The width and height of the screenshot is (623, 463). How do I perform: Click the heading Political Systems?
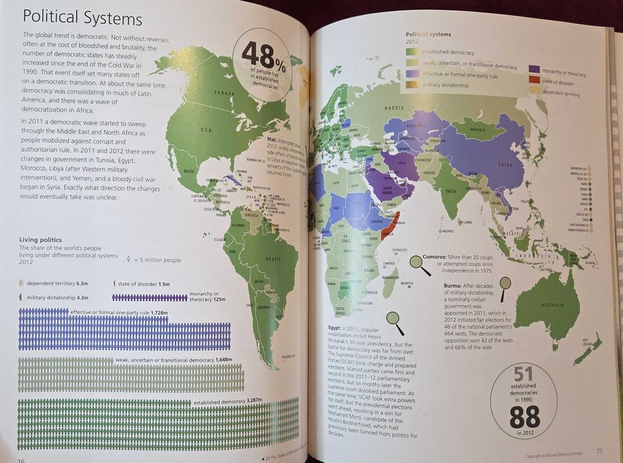click(83, 19)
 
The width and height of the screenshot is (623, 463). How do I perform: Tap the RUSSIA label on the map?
click(394, 107)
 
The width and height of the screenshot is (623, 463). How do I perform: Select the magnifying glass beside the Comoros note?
click(418, 263)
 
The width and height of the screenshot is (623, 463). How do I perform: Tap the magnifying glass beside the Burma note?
click(505, 284)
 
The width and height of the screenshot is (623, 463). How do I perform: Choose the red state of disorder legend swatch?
click(534, 80)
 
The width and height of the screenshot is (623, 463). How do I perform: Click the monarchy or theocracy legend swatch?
click(534, 68)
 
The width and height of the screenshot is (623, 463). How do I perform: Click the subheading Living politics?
click(41, 239)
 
